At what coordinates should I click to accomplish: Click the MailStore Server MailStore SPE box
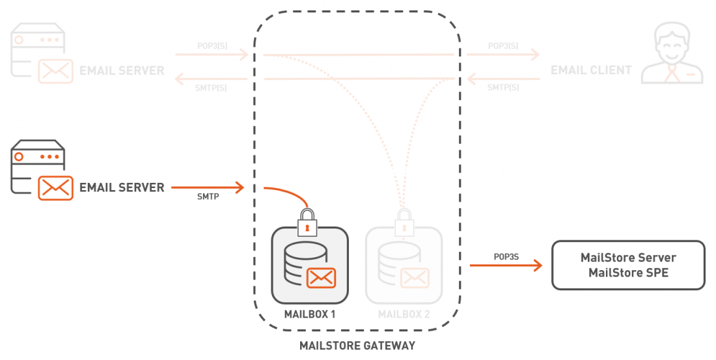tap(628, 265)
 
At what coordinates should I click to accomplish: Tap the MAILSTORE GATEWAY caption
tap(357, 346)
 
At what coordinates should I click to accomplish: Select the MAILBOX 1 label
tap(310, 314)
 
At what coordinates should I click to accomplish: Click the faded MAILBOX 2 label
tap(404, 314)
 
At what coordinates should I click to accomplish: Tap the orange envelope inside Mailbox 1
tap(321, 277)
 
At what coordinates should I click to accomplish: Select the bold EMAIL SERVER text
tap(122, 187)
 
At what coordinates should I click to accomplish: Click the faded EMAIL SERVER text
tap(122, 70)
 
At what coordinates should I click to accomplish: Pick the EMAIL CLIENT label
tap(591, 70)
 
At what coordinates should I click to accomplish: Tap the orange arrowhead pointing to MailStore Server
tap(538, 266)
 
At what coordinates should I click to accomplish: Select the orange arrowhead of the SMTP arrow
tap(239, 188)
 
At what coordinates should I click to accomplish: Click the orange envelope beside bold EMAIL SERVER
tap(55, 188)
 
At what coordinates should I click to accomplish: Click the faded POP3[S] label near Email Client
tap(503, 46)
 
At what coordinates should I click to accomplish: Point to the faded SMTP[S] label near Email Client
tap(503, 87)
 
